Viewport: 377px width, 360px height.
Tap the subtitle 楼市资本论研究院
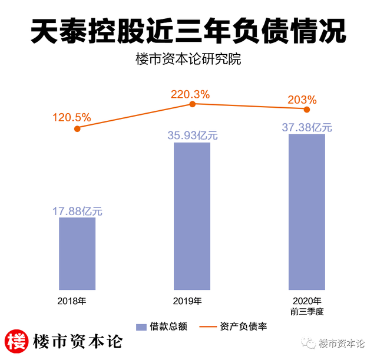point(188,61)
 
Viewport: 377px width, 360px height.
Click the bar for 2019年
point(192,216)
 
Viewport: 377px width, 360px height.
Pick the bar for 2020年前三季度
point(307,212)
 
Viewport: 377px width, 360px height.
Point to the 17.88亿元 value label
point(77,210)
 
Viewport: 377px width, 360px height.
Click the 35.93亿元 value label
point(193,135)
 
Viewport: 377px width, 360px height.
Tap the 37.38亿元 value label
point(307,127)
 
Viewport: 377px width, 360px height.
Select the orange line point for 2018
point(77,128)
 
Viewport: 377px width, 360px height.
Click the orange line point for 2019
point(192,104)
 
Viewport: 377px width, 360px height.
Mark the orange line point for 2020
point(307,109)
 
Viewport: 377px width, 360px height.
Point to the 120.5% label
point(71,117)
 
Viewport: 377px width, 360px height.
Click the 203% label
point(302,99)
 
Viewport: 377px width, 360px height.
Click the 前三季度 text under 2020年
point(307,311)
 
